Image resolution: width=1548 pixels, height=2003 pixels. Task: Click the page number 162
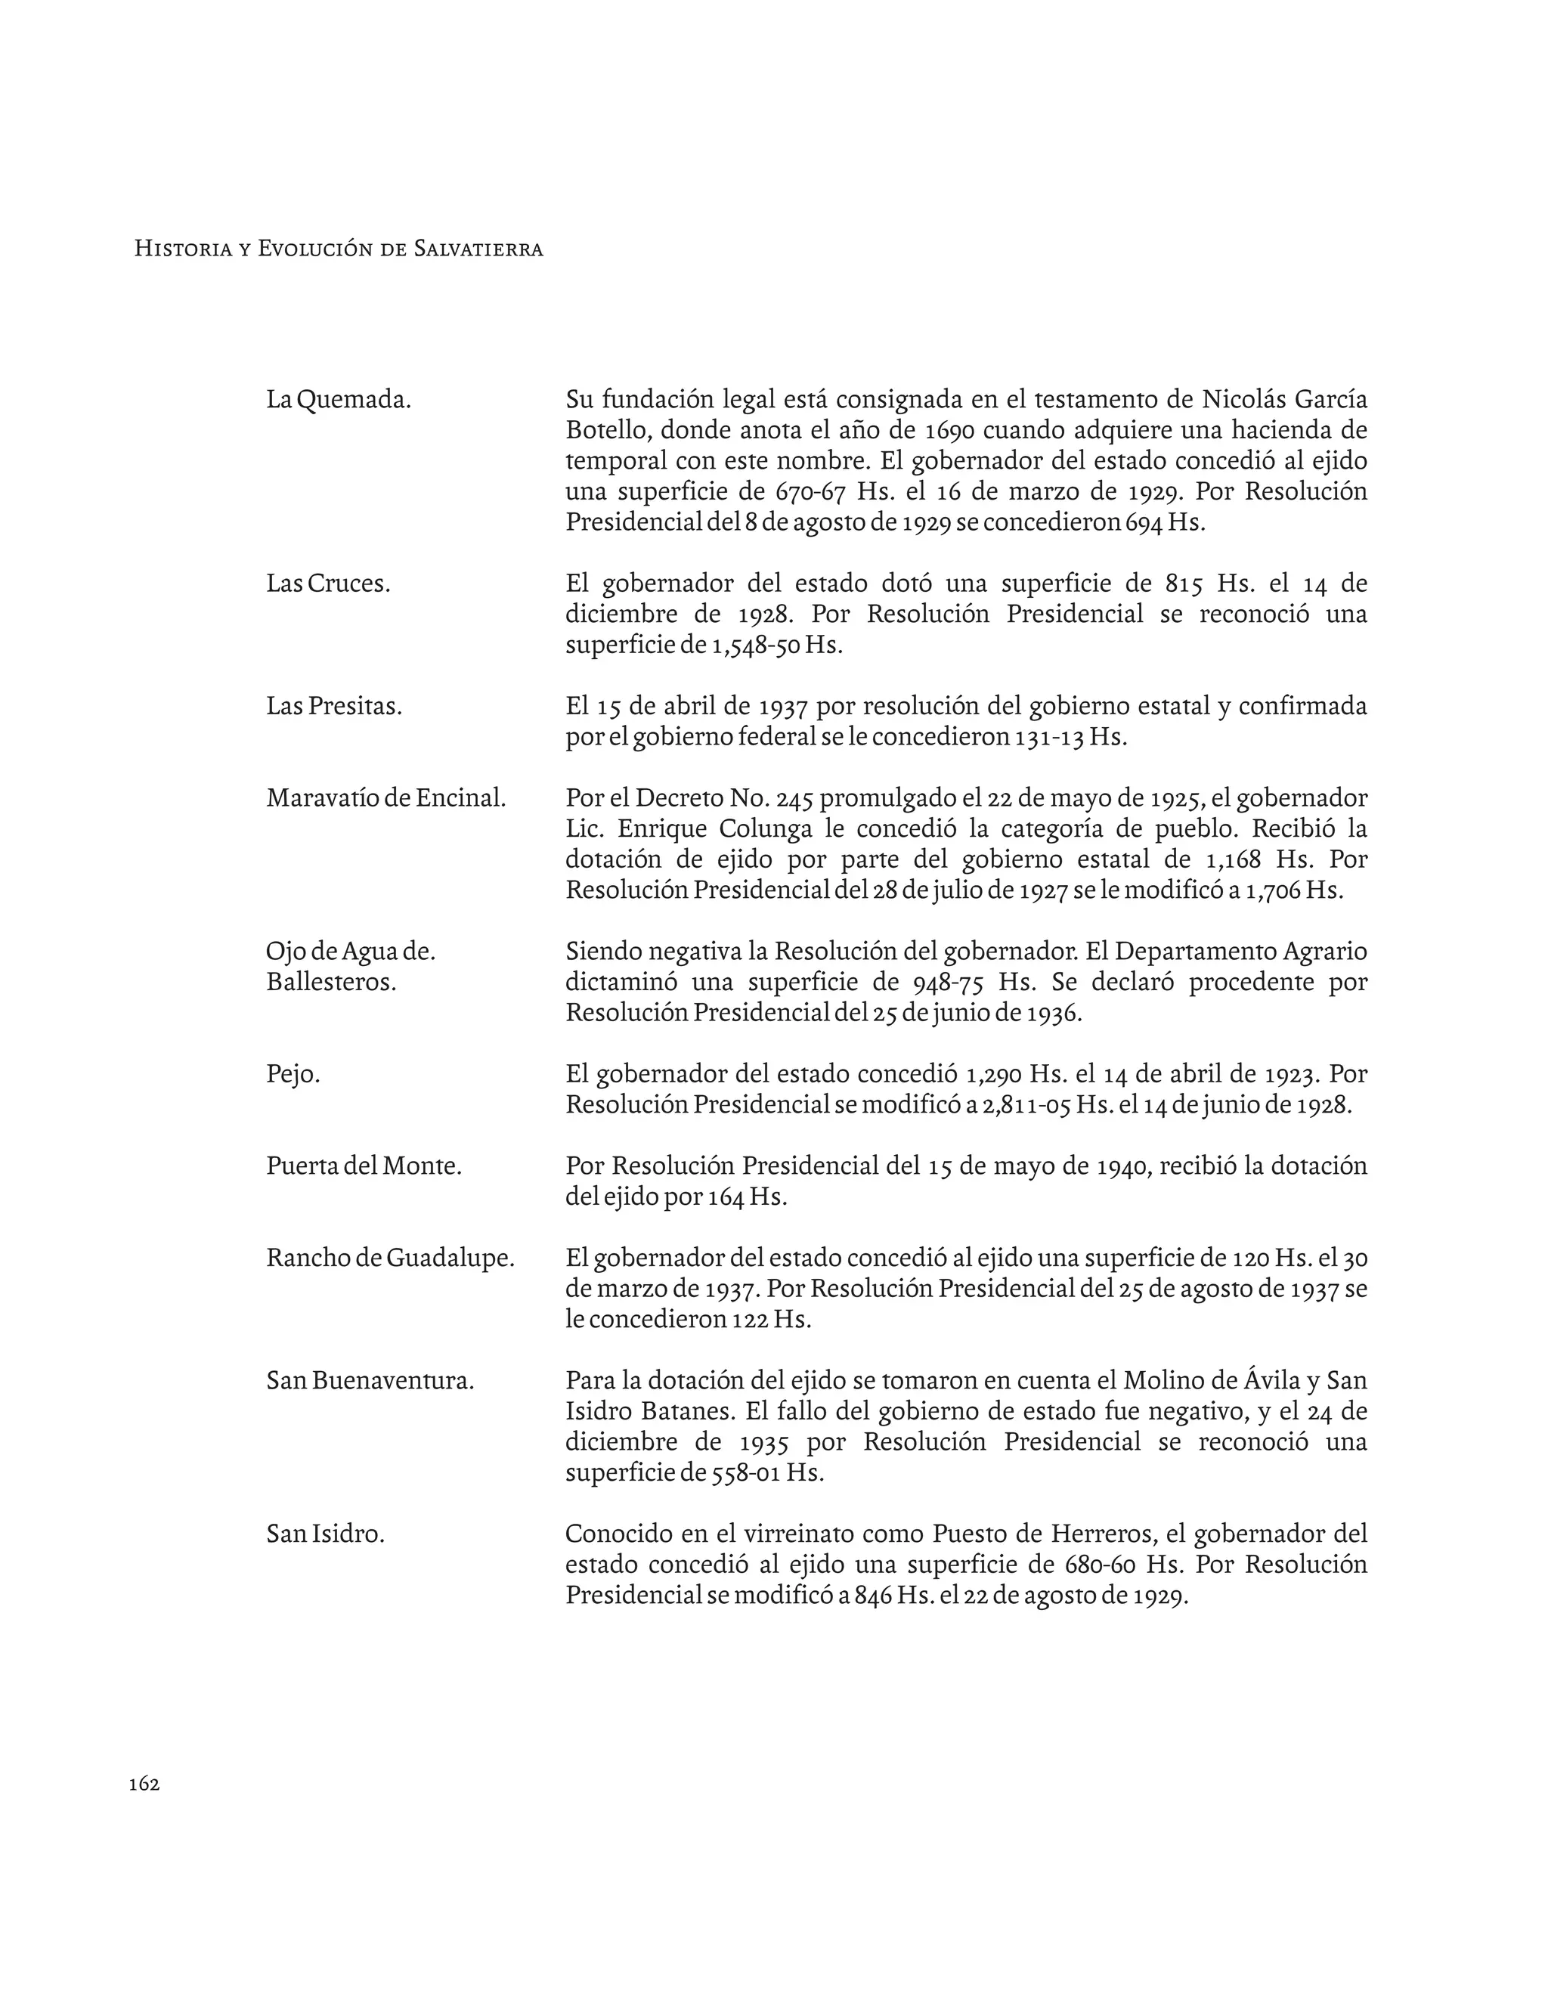click(x=144, y=1783)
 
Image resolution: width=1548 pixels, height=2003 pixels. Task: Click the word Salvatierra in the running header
click(x=478, y=249)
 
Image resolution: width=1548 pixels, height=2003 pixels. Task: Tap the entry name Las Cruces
click(x=328, y=584)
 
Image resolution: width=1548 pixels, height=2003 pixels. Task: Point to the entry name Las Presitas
click(x=334, y=706)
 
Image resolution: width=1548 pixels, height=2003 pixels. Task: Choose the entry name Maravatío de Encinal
click(x=386, y=798)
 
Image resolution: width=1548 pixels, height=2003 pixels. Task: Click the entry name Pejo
click(x=293, y=1074)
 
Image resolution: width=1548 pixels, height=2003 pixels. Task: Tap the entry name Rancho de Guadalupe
click(x=391, y=1258)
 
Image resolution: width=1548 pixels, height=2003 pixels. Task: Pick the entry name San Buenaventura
click(x=370, y=1380)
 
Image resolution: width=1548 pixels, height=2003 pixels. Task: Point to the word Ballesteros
click(x=331, y=983)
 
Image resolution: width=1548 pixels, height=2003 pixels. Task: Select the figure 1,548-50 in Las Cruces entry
click(x=755, y=645)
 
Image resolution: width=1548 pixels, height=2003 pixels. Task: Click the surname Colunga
click(x=766, y=829)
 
